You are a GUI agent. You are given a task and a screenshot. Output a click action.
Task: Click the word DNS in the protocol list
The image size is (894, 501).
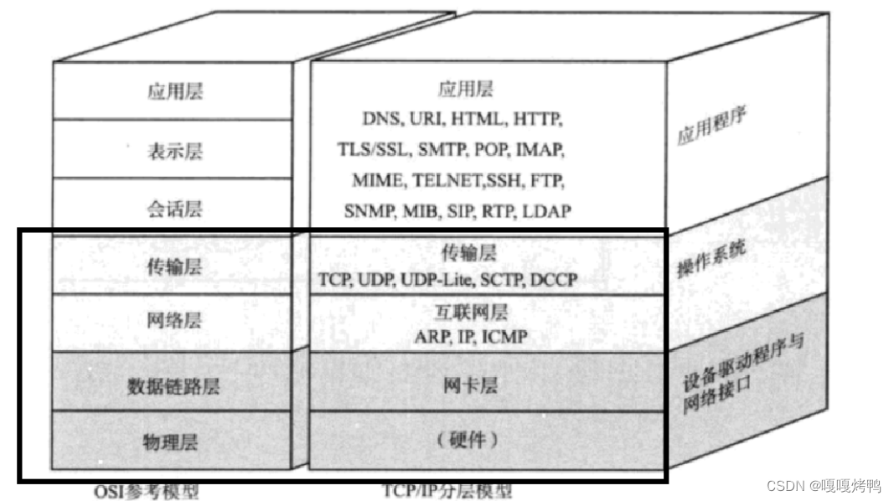(x=381, y=119)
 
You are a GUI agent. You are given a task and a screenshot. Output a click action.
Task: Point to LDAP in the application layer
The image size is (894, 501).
(x=546, y=210)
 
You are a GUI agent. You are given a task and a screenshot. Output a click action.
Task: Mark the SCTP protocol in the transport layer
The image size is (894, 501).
(x=502, y=279)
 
